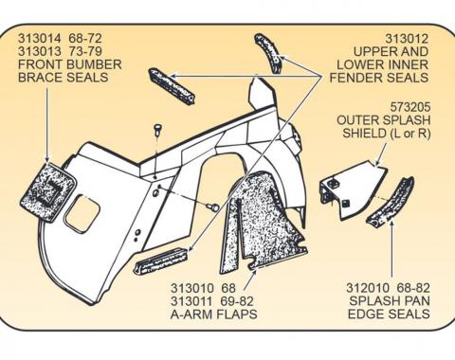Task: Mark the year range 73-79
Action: click(x=79, y=54)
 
